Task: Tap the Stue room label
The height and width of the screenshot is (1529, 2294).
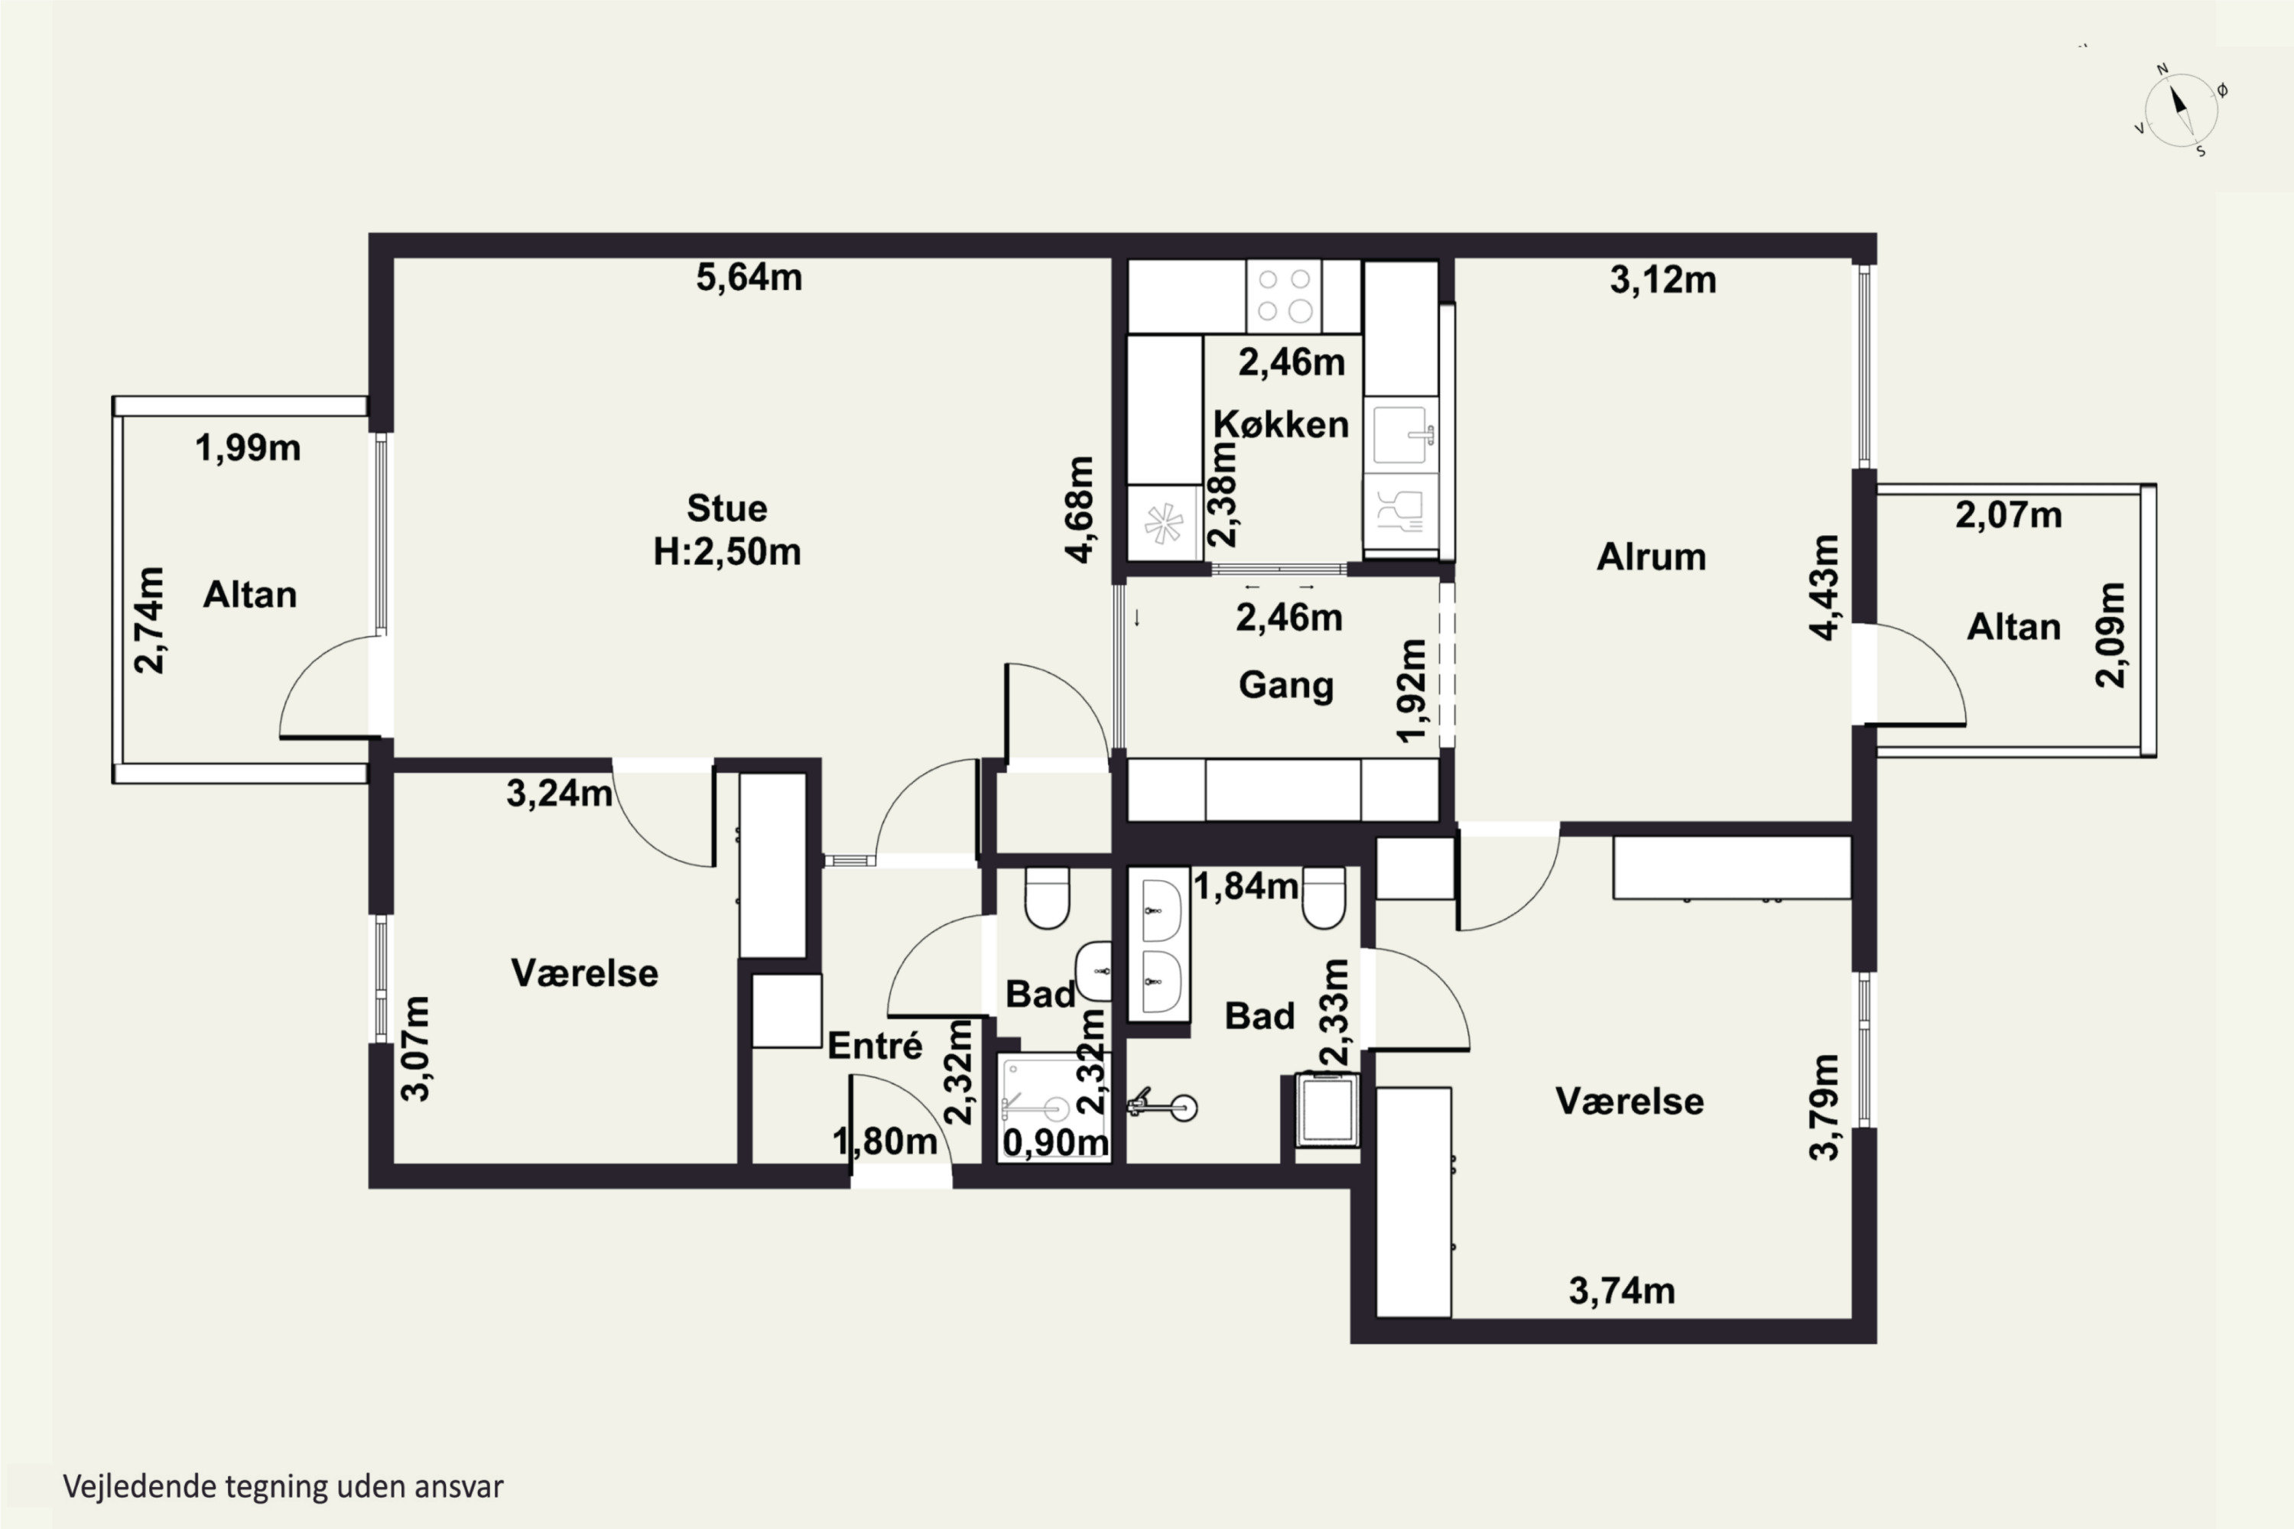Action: click(726, 508)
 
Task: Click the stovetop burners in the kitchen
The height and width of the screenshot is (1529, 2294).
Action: click(1284, 295)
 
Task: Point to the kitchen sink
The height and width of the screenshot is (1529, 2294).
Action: click(1401, 434)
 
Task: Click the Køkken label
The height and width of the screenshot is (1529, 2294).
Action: click(1281, 424)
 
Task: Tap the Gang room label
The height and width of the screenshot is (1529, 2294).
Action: click(1285, 686)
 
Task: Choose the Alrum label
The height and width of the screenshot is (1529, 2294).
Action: click(1651, 557)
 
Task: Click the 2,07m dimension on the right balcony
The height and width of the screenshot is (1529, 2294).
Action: click(2008, 515)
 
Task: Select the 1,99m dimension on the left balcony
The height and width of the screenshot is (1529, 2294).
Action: click(248, 449)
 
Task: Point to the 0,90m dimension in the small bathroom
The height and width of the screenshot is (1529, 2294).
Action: click(1055, 1143)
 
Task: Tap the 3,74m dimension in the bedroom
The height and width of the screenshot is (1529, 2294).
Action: click(1622, 1291)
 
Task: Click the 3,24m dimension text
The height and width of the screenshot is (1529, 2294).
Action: click(559, 794)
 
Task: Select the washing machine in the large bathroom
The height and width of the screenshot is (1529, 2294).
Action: click(1327, 1110)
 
